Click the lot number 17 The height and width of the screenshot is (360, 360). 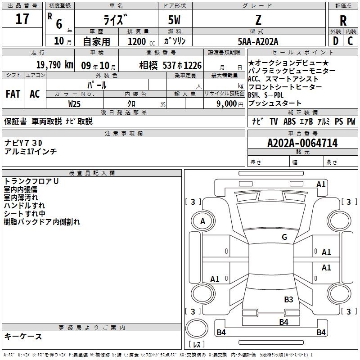[22, 19]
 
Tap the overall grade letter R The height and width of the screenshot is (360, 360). [343, 20]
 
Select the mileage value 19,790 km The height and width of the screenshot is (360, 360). [55, 65]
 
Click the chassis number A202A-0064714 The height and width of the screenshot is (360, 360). [302, 143]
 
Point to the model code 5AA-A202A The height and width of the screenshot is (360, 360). [258, 41]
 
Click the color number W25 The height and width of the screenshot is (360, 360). [74, 104]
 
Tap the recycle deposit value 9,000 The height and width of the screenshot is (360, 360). [227, 103]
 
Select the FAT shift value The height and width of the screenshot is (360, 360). [13, 94]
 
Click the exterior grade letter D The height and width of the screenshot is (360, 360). [336, 41]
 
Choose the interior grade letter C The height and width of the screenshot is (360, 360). [350, 41]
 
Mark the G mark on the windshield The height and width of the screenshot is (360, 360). [284, 237]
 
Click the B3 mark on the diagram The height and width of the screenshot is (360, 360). [288, 299]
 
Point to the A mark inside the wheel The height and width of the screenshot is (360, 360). [202, 221]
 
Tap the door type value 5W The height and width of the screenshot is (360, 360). [174, 20]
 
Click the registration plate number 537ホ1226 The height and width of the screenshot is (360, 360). [182, 65]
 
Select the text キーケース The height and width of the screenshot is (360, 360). [23, 336]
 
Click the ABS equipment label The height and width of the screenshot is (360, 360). [289, 121]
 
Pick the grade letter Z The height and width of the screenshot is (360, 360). [258, 20]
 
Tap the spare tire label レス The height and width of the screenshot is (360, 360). [197, 344]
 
